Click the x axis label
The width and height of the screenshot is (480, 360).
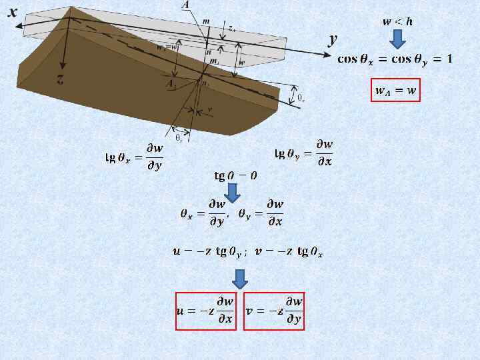[13, 12]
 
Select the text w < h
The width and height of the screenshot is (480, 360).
[397, 21]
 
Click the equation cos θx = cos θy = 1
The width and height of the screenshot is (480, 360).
[395, 59]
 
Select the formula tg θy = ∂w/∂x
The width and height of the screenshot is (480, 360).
[305, 154]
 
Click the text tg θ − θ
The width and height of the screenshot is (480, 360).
[235, 176]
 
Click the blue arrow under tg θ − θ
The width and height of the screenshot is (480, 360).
[233, 192]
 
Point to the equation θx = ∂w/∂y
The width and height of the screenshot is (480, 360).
[205, 213]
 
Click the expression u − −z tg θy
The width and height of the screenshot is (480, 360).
[209, 252]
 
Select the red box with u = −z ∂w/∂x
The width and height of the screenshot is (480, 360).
[206, 311]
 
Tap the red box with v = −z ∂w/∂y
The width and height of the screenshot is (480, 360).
[274, 311]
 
